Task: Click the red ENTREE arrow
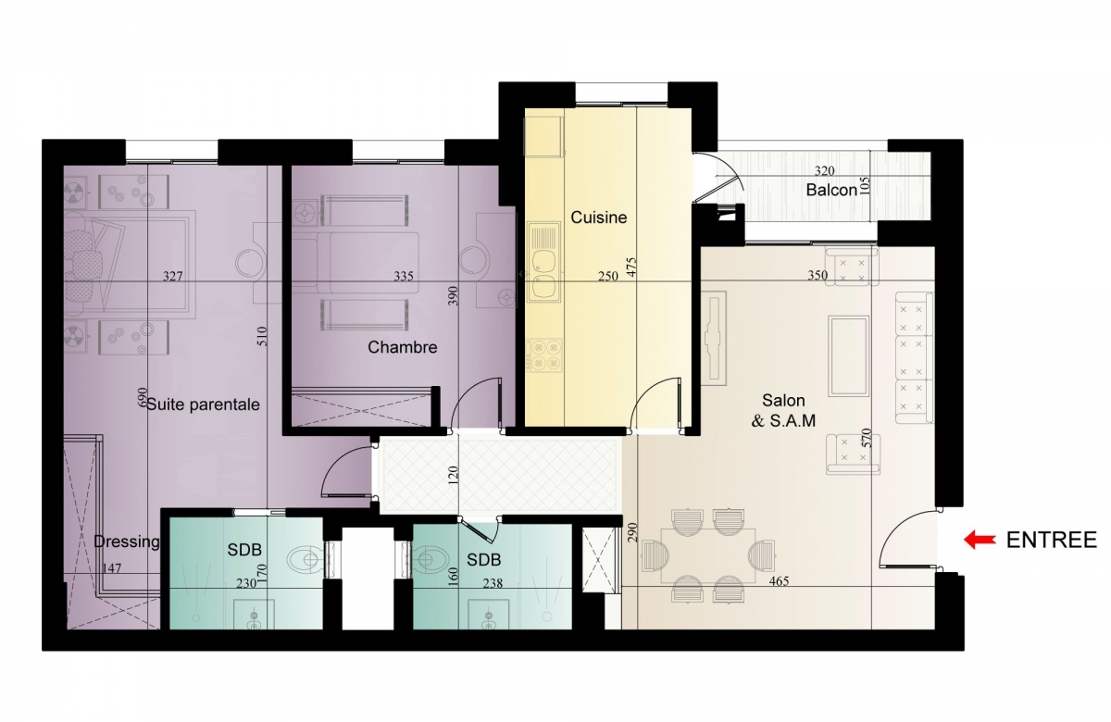pos(980,539)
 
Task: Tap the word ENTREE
pos(1052,540)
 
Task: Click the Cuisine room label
pos(599,218)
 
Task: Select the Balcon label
pos(831,190)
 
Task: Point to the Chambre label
pos(402,347)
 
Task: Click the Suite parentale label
pos(204,405)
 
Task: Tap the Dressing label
pos(127,542)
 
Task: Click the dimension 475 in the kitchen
pos(631,267)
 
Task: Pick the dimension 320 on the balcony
pos(824,171)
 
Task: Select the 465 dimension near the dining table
pos(779,581)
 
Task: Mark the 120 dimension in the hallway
pos(453,475)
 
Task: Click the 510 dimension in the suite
pos(262,336)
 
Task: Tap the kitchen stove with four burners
pos(545,355)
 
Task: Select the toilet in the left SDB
pos(305,561)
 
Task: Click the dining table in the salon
pos(708,555)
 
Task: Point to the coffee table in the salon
pos(849,356)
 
